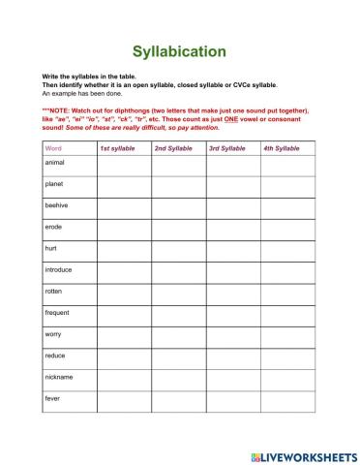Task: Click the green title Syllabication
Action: tap(180, 50)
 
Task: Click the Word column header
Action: tap(53, 148)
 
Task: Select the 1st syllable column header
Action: tap(117, 148)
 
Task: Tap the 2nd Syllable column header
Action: tap(173, 148)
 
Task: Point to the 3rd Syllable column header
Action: tap(227, 148)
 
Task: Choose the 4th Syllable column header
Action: tap(282, 148)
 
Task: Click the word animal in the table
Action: tap(56, 163)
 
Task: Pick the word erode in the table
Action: tap(54, 227)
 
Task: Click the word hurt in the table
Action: tap(51, 248)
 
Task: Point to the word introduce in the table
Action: tap(60, 269)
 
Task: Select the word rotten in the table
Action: tap(55, 291)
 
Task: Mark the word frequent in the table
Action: tap(58, 312)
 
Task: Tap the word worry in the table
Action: tap(54, 333)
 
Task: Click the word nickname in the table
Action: tap(59, 376)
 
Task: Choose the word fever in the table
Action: tap(53, 397)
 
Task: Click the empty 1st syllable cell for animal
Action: tap(123, 167)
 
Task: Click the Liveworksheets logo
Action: tap(300, 453)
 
